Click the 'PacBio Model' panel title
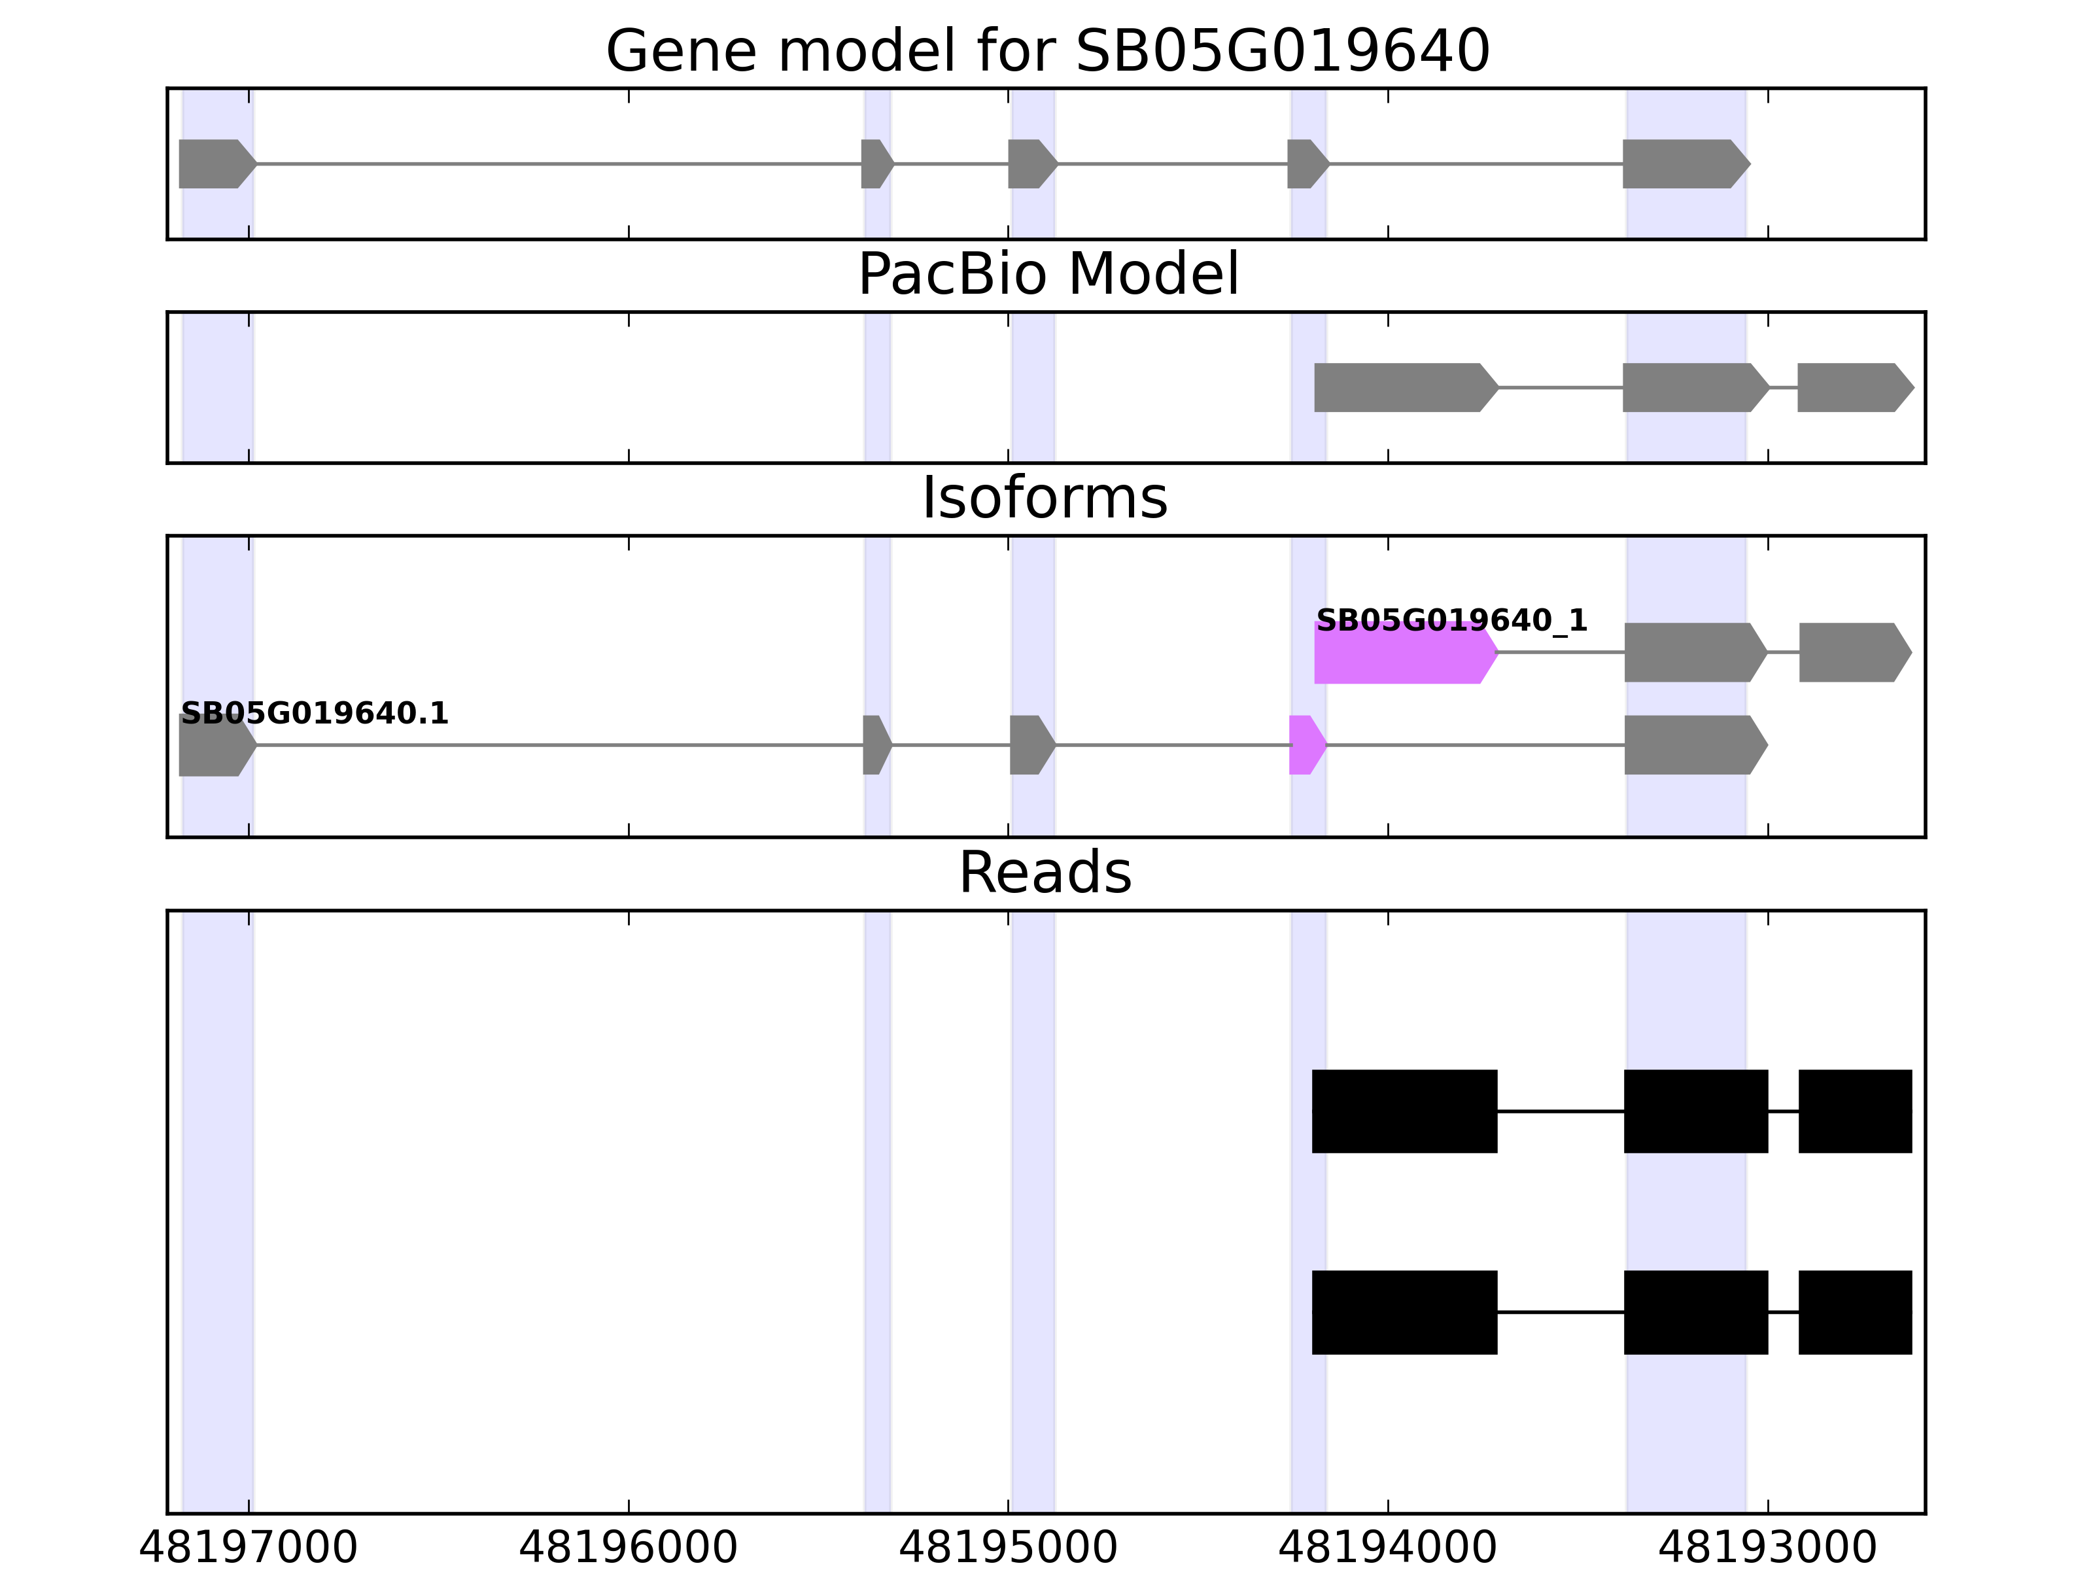coord(1046,275)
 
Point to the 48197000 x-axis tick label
coord(249,1548)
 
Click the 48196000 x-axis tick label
coord(629,1548)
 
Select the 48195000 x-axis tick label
coord(1008,1548)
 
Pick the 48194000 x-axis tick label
coord(1387,1548)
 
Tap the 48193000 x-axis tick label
coord(1767,1548)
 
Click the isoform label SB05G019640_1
coord(1451,621)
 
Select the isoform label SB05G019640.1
coord(314,714)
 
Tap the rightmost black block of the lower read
coord(1854,1312)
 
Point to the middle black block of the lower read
coord(1695,1312)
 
